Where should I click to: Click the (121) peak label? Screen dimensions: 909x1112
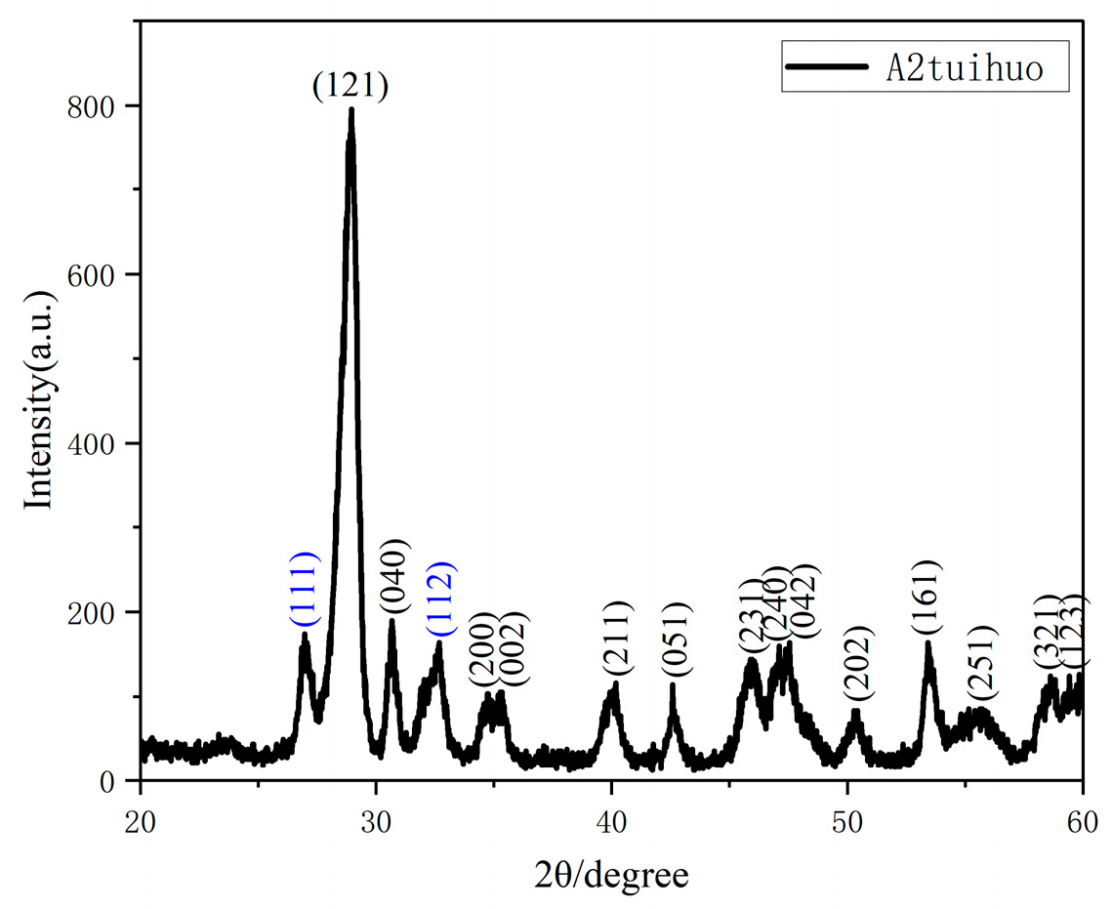tap(350, 87)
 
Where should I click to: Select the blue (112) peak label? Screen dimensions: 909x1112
tap(440, 599)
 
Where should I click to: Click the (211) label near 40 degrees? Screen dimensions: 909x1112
tap(618, 639)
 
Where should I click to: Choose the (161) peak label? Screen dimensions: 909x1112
tap(927, 599)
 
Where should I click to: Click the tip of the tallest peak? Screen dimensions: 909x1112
tap(351, 109)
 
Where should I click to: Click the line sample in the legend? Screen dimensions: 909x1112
tap(826, 67)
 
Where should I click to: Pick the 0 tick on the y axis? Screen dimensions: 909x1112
tap(118, 781)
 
